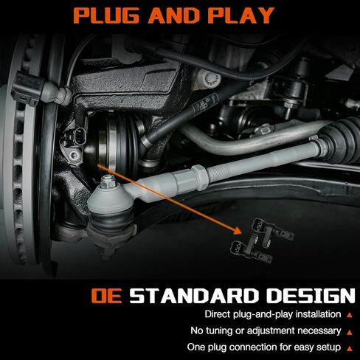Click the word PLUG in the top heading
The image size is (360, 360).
pos(106,15)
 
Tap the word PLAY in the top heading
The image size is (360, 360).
pos(241,15)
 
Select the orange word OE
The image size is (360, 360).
pos(106,295)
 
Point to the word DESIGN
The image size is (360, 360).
pos(311,295)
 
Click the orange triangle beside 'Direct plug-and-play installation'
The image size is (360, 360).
pos(350,315)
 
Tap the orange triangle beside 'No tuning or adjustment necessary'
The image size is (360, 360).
pos(350,332)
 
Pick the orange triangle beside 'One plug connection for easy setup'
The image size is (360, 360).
pos(350,348)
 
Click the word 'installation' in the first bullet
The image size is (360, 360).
pos(318,314)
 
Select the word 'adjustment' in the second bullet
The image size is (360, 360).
pos(270,331)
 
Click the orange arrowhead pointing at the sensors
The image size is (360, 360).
pos(238,231)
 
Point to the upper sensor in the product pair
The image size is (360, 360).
pos(273,229)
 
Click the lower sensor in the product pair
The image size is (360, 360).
pos(252,249)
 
